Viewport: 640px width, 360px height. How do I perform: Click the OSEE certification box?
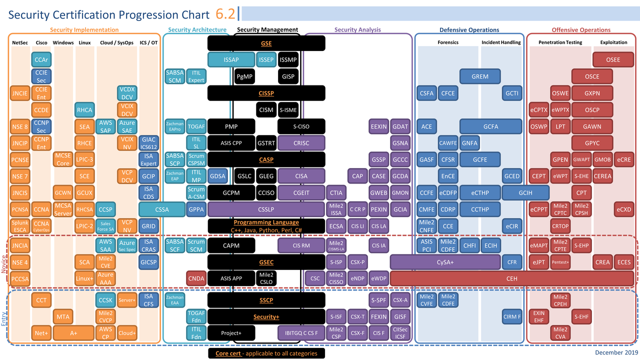613,59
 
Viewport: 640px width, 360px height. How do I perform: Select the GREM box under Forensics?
480,76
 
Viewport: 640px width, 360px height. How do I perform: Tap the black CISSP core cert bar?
266,93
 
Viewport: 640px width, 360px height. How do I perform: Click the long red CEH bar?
511,278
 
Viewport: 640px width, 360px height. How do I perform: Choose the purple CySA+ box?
445,262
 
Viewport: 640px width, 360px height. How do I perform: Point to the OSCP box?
592,110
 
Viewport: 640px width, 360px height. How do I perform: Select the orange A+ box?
73,333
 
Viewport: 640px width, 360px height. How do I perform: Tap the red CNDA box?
196,278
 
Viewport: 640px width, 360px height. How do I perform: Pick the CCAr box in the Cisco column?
41,59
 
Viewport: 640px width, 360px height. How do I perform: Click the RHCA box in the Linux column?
84,110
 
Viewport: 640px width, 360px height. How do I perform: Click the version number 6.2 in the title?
225,14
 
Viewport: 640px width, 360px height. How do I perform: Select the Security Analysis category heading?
357,30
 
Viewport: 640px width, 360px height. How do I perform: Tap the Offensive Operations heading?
581,30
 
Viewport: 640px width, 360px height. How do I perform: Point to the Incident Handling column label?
501,42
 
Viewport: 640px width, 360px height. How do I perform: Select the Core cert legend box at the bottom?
266,353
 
